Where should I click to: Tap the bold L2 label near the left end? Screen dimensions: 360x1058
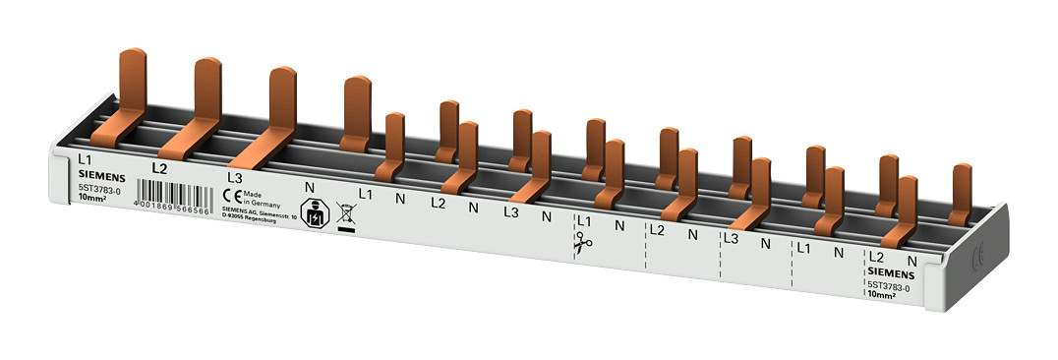[x=160, y=167]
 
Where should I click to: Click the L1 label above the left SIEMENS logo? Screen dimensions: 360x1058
[x=85, y=157]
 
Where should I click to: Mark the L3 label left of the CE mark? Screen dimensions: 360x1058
[x=234, y=177]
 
